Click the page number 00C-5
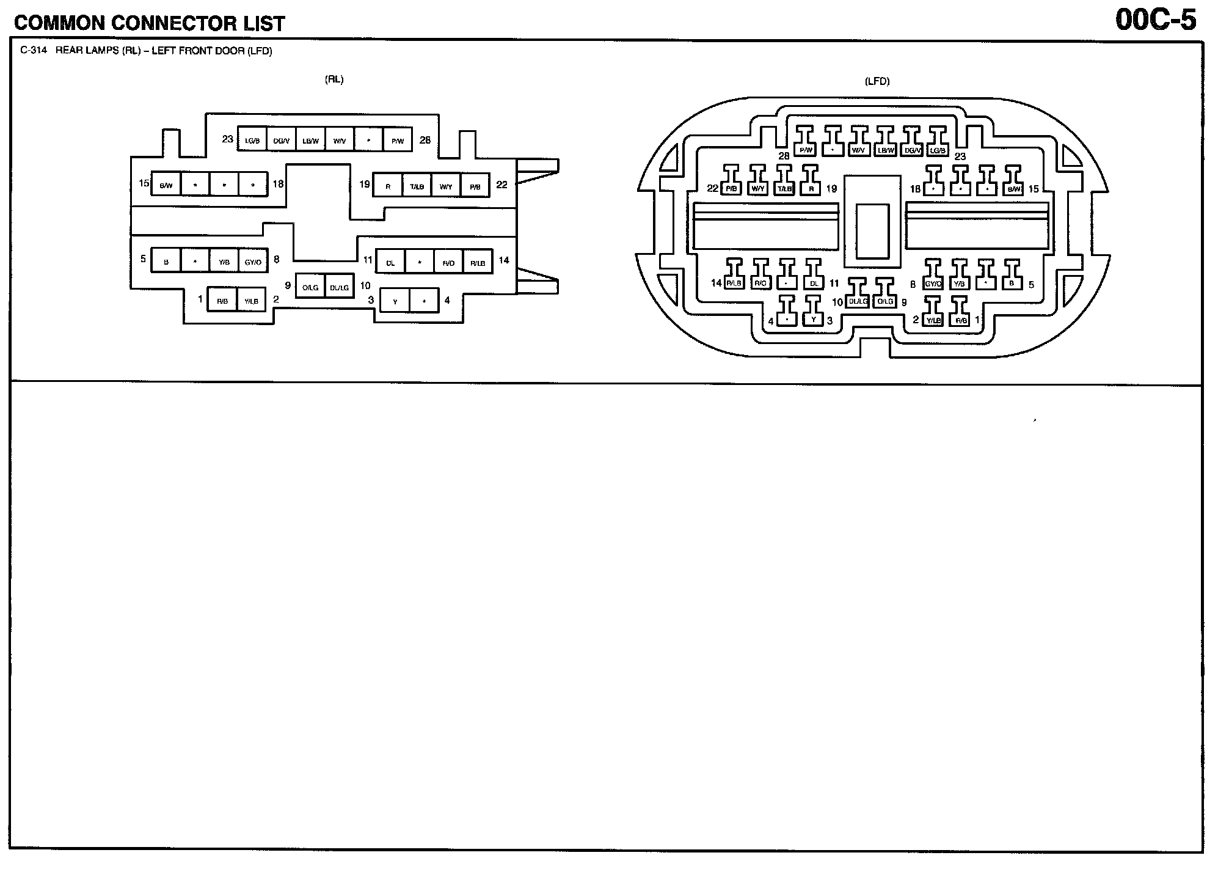coord(1156,20)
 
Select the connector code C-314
coord(33,51)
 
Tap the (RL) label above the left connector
coord(334,79)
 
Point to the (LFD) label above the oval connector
coord(877,81)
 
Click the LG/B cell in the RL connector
coord(252,141)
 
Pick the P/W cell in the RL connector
coord(398,141)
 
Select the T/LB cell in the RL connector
coord(417,186)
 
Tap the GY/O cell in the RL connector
coord(253,262)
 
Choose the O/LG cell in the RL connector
coord(310,287)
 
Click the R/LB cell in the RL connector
coord(478,263)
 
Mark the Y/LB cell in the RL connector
coord(251,301)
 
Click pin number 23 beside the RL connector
coord(228,139)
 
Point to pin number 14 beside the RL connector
coord(504,260)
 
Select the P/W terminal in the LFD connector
coord(806,150)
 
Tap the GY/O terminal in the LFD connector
coord(933,284)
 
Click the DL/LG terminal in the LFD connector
coord(858,301)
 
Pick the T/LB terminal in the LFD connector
coord(785,189)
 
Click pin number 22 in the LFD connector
coord(712,188)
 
